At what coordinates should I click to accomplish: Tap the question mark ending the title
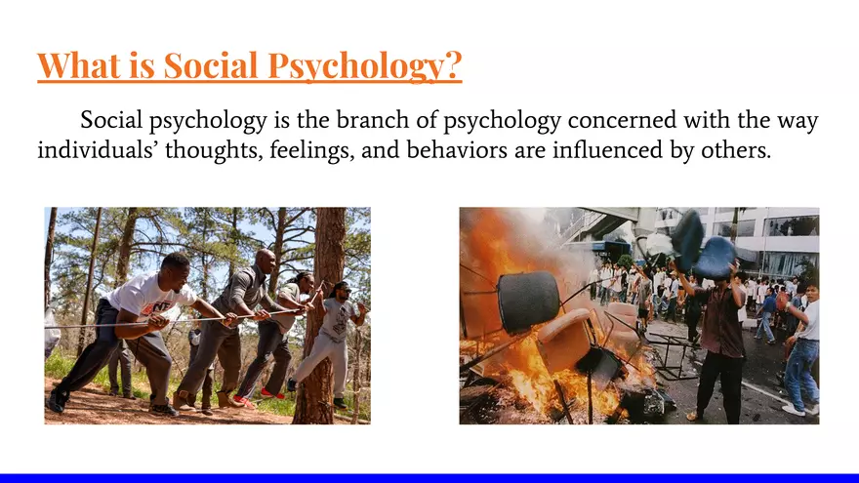click(452, 66)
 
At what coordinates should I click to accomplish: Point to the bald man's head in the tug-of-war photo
click(265, 258)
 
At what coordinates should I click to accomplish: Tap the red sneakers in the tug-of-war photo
click(245, 401)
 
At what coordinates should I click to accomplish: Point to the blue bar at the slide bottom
click(429, 478)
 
